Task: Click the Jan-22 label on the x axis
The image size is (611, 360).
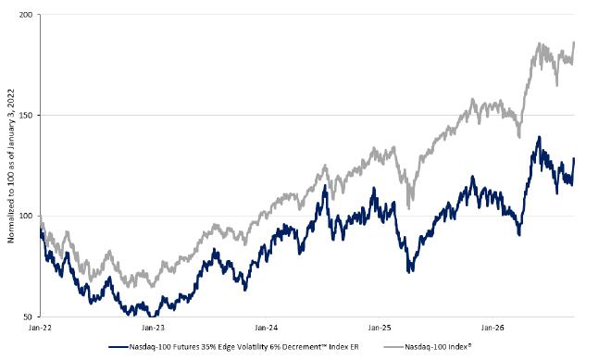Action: pyautogui.click(x=40, y=328)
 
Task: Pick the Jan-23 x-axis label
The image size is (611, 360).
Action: pyautogui.click(x=153, y=328)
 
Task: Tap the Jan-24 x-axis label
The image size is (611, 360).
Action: pyautogui.click(x=267, y=328)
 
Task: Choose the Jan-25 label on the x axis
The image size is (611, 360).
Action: pyautogui.click(x=380, y=328)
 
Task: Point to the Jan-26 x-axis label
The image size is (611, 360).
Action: pyautogui.click(x=493, y=328)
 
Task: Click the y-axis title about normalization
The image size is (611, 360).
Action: pyautogui.click(x=10, y=166)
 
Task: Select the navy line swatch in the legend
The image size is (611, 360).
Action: pyautogui.click(x=118, y=347)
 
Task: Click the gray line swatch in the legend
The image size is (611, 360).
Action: pyautogui.click(x=393, y=347)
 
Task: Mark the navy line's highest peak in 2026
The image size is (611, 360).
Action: pyautogui.click(x=540, y=137)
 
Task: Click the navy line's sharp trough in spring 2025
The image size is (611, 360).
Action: pyautogui.click(x=408, y=272)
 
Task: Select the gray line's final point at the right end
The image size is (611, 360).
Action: pyautogui.click(x=574, y=42)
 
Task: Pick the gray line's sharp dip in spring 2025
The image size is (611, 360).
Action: pyautogui.click(x=408, y=208)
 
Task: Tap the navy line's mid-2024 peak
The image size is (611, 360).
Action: pyautogui.click(x=325, y=185)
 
